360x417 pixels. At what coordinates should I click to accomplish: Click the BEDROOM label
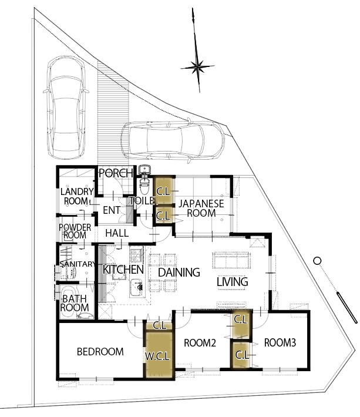tap(100, 352)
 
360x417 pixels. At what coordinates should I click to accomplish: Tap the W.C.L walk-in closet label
tap(157, 357)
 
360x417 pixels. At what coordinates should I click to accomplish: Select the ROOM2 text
tap(200, 343)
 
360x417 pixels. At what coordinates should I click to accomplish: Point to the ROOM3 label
tap(280, 342)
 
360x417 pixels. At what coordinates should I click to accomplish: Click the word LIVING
tap(233, 282)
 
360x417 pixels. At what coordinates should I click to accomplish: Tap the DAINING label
tap(179, 272)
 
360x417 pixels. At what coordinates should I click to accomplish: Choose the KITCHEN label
tap(123, 270)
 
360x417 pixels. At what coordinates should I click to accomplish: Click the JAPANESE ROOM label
tap(201, 208)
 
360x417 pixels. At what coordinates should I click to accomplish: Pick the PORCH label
tap(116, 173)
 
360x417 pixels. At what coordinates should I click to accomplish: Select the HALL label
tap(117, 233)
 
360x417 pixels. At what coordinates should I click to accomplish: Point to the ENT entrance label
tap(112, 210)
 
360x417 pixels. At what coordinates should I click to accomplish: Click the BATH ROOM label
tap(75, 303)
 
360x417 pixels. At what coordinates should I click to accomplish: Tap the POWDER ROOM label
tap(75, 231)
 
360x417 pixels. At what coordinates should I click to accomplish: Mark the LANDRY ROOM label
tap(77, 196)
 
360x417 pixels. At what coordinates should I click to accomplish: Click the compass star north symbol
tap(197, 66)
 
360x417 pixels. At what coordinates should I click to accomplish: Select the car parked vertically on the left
tap(66, 106)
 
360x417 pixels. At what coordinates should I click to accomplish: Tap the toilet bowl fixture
tap(144, 186)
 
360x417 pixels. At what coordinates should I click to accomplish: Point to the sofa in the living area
tap(231, 260)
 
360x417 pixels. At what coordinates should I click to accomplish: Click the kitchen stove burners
tap(136, 254)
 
